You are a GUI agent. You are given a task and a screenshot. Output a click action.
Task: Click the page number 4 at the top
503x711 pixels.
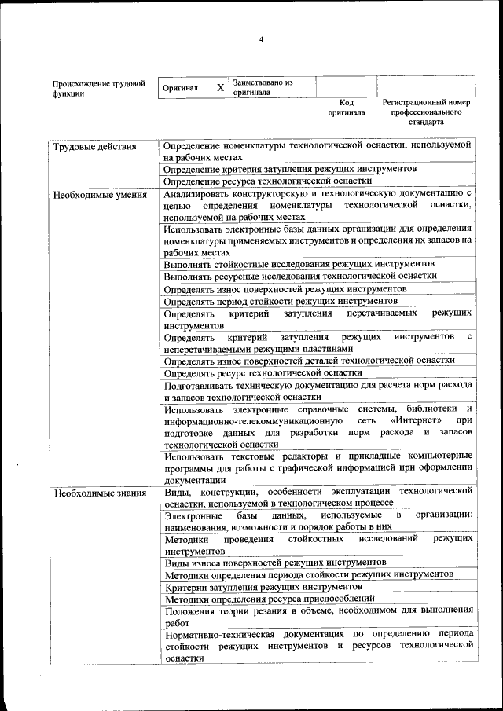(262, 40)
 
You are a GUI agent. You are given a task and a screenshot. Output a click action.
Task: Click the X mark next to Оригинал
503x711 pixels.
(221, 88)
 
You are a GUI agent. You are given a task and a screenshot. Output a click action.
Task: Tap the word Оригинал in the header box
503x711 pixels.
(180, 89)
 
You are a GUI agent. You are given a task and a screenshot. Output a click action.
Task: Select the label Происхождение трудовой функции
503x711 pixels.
(98, 88)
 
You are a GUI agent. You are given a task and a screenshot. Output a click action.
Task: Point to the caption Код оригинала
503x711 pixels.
(346, 108)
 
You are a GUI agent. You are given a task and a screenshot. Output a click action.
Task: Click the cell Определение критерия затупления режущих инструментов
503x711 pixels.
(290, 169)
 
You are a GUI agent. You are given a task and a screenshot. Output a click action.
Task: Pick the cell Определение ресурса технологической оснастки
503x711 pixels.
(268, 181)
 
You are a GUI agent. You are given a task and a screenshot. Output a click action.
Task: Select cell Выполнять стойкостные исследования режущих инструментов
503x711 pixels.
(299, 264)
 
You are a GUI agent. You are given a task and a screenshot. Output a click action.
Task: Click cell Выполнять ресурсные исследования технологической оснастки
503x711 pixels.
(300, 276)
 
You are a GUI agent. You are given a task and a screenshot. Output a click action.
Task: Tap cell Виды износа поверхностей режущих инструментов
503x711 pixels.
(275, 563)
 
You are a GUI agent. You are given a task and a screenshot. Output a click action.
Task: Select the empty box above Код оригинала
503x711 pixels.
(346, 86)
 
